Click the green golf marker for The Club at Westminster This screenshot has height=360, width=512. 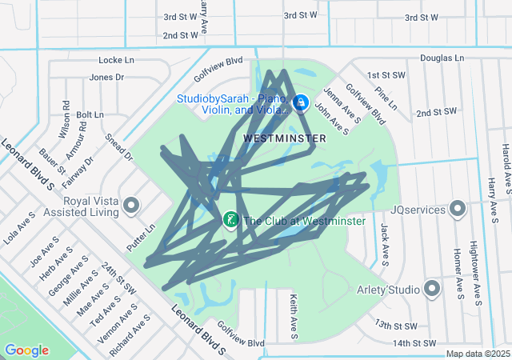pos(230,219)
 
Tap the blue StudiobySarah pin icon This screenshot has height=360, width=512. pos(301,102)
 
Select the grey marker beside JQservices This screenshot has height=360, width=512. pos(458,210)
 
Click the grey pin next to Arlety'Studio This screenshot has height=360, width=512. pos(433,289)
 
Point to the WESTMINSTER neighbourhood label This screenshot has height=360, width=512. pos(284,138)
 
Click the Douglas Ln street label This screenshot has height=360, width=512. pos(442,58)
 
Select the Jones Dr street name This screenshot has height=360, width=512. pos(107,78)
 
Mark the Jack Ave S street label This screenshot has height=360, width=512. pos(385,245)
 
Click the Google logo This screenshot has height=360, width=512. pos(26,350)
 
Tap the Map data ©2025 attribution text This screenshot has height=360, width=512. pos(477,354)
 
